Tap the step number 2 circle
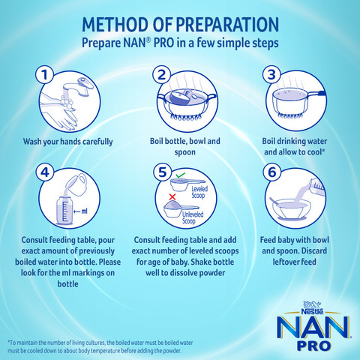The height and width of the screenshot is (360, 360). (160, 75)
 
